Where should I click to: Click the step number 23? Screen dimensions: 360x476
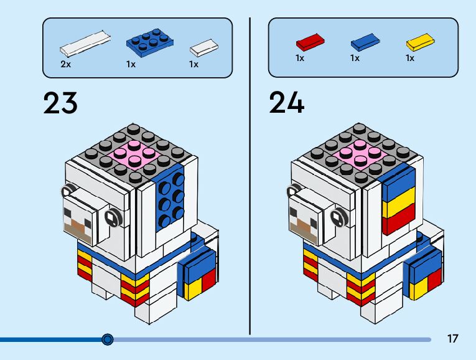(x=60, y=103)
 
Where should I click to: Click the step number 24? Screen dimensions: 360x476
(x=287, y=103)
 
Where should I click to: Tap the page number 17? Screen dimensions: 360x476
(x=452, y=339)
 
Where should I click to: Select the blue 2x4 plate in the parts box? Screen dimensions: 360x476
(x=149, y=42)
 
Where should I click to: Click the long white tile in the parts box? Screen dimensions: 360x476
(x=86, y=43)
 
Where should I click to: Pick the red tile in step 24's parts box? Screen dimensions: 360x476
(x=310, y=42)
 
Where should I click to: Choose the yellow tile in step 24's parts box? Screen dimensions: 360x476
(x=420, y=42)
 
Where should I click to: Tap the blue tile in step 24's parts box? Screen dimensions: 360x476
(x=365, y=42)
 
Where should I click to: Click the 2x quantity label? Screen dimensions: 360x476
(x=65, y=64)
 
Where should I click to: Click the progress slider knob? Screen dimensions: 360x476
(x=108, y=339)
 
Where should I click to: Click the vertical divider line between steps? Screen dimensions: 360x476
(x=250, y=174)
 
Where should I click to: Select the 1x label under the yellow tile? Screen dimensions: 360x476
(x=410, y=58)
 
